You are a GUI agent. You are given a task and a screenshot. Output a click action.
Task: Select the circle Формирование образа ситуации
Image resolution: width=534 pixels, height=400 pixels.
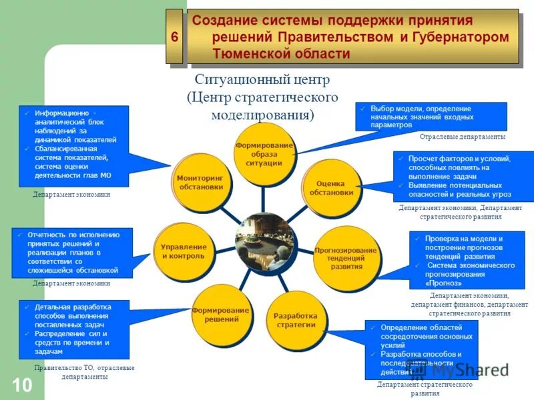[264, 154]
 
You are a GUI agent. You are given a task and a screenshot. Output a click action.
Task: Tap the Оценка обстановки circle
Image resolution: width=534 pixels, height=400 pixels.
[330, 188]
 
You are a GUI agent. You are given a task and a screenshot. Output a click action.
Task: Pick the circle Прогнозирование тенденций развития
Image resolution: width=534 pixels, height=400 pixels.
[346, 257]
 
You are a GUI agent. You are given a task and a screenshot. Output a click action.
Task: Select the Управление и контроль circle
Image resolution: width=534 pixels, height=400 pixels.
[184, 251]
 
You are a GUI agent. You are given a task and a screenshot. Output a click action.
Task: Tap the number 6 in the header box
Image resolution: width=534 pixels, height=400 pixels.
[174, 37]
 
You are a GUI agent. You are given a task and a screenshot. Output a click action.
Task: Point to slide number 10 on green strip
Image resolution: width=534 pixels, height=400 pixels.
[22, 385]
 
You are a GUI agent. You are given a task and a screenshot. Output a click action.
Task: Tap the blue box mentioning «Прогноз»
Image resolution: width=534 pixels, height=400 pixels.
[467, 260]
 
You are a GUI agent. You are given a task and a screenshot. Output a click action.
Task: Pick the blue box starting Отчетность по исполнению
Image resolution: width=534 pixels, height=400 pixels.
[72, 253]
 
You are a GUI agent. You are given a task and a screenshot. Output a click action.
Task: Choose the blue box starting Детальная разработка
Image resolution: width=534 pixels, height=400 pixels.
[73, 329]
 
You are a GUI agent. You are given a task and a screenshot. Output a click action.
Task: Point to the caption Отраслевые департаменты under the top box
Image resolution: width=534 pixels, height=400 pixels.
[462, 137]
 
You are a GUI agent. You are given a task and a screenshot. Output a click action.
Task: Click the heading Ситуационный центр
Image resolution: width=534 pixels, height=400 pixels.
[258, 81]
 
